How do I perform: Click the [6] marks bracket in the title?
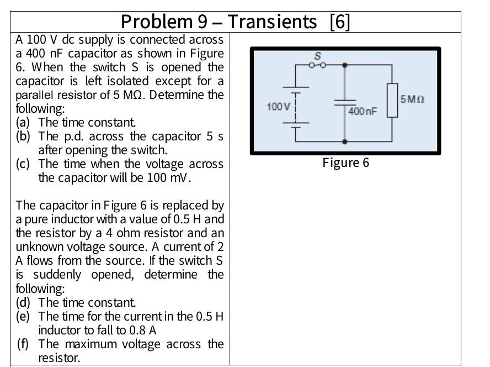click(x=339, y=22)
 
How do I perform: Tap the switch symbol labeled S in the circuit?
click(x=318, y=64)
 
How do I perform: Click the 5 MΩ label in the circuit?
click(x=412, y=99)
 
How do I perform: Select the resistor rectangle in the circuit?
click(x=392, y=100)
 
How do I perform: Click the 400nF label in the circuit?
click(x=363, y=111)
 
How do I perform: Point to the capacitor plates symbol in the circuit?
click(x=345, y=103)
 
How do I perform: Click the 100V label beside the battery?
click(x=278, y=106)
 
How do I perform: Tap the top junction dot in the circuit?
click(x=345, y=65)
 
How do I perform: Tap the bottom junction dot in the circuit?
click(x=345, y=141)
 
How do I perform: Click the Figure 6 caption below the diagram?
click(x=346, y=162)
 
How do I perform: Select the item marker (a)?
click(x=23, y=122)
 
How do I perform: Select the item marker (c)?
click(x=23, y=164)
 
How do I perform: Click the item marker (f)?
click(x=23, y=344)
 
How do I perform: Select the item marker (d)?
click(x=23, y=303)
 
